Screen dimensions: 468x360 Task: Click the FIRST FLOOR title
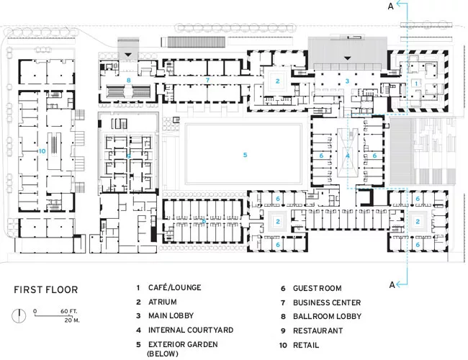(x=45, y=290)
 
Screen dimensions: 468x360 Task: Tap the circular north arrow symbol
(x=19, y=315)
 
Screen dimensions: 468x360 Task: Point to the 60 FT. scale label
(x=69, y=311)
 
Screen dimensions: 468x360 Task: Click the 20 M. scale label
(x=72, y=320)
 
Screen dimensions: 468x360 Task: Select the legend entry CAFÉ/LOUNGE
(x=175, y=287)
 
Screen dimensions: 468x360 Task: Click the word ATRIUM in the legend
(x=163, y=302)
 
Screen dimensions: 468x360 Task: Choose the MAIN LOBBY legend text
(x=171, y=315)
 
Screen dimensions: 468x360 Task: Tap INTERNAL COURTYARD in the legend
(x=191, y=330)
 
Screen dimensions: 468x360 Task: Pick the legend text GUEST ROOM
(x=318, y=288)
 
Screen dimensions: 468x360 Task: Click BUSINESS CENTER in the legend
(x=327, y=302)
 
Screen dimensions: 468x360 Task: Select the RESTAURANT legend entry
(x=318, y=330)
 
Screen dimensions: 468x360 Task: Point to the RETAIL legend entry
(x=306, y=345)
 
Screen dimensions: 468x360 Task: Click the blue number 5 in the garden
(x=245, y=155)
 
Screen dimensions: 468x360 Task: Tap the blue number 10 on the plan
(x=42, y=151)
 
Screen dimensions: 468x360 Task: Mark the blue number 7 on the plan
(x=207, y=80)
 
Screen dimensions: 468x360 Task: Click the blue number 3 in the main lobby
(x=347, y=81)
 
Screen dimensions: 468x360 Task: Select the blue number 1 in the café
(x=416, y=84)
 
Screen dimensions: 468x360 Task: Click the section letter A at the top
(x=391, y=6)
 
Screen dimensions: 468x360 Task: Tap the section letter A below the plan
(x=392, y=285)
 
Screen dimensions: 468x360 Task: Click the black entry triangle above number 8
(x=128, y=55)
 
